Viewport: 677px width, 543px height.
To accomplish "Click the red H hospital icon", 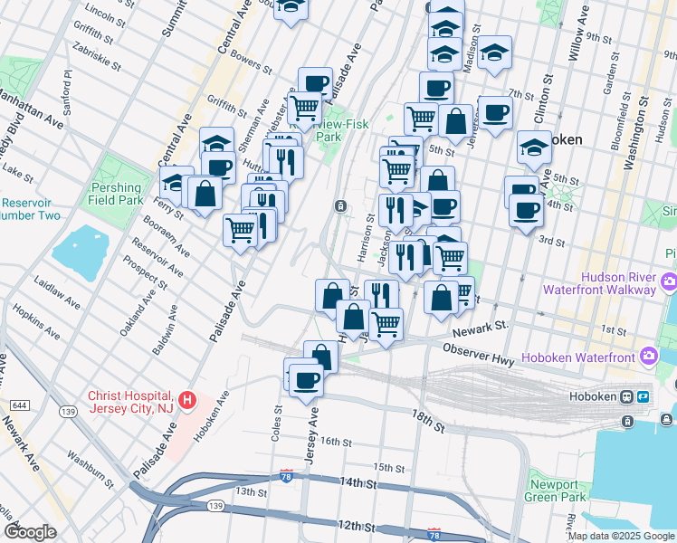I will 187,399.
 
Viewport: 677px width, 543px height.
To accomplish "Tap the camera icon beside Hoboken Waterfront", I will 648,356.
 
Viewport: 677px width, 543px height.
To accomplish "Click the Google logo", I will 30,532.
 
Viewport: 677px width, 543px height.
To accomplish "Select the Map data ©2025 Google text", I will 620,536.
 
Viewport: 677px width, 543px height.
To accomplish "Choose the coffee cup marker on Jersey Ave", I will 305,379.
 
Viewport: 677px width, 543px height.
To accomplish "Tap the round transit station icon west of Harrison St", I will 340,206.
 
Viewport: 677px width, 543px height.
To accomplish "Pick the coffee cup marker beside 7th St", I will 494,113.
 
